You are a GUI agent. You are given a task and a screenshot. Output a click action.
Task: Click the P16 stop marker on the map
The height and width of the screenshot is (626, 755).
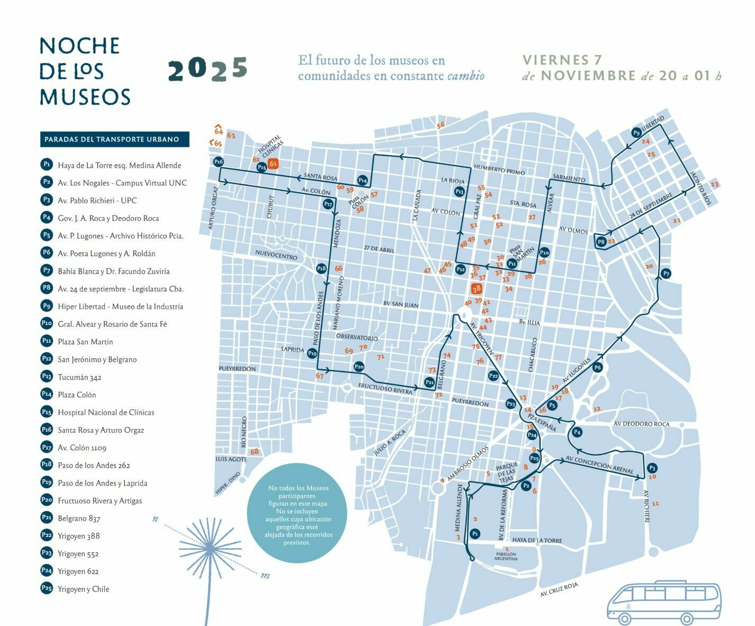219,162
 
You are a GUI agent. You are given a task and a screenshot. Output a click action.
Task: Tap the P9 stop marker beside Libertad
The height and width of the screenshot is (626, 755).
636,132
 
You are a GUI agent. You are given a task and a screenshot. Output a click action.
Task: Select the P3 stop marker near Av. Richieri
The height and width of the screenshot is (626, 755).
652,468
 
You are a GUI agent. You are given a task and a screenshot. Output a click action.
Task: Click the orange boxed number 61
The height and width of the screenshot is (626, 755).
273,164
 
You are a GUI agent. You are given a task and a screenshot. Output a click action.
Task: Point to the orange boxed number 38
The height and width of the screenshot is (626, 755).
477,289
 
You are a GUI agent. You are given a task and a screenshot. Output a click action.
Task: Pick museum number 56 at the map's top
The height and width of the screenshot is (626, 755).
441,125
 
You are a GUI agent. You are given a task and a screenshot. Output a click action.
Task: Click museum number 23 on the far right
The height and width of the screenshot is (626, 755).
715,184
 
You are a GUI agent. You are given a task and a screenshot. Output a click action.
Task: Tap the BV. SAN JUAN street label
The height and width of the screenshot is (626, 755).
401,305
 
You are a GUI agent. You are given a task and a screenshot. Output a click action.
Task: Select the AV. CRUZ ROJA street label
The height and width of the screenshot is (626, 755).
559,589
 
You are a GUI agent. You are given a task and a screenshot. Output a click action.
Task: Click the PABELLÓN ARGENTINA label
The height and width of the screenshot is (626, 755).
506,556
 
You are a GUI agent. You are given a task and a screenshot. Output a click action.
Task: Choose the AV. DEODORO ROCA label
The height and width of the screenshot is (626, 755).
641,424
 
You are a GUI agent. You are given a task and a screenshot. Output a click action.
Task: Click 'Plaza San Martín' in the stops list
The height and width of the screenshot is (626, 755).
85,342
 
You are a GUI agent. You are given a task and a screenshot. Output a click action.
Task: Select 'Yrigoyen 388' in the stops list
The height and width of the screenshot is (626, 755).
79,536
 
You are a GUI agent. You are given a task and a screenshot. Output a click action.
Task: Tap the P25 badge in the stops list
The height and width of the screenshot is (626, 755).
47,588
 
